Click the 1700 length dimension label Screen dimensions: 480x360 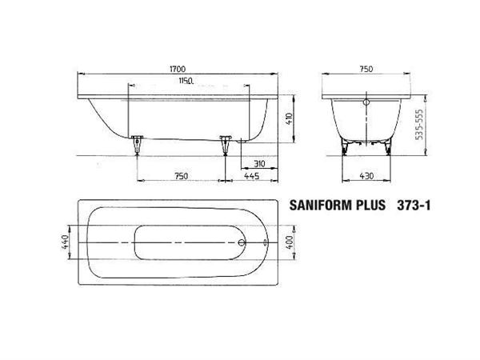tap(178, 69)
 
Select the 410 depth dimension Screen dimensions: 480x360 tap(290, 118)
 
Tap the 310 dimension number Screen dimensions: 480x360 tap(259, 164)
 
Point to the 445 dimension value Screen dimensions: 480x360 tap(252, 176)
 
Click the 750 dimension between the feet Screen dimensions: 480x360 tap(181, 176)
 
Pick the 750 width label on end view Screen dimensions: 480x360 tap(366, 69)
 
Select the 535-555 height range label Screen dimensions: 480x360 tap(419, 124)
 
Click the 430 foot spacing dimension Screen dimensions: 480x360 tap(366, 176)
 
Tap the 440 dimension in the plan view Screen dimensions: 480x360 tap(65, 242)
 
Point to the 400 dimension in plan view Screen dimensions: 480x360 tap(290, 242)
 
